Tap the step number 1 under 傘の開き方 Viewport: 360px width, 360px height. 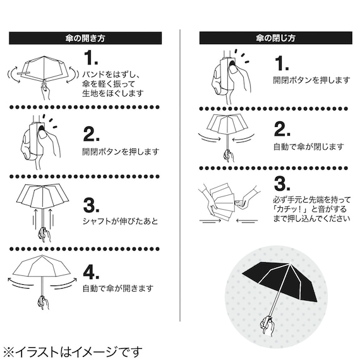92,59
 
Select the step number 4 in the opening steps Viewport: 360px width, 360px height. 92,273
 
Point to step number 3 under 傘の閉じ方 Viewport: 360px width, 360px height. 282,184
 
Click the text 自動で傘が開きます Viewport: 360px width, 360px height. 117,289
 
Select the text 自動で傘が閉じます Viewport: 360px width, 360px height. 308,147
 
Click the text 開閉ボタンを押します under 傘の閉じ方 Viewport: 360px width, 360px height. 311,80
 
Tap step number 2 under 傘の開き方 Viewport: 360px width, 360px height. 92,134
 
